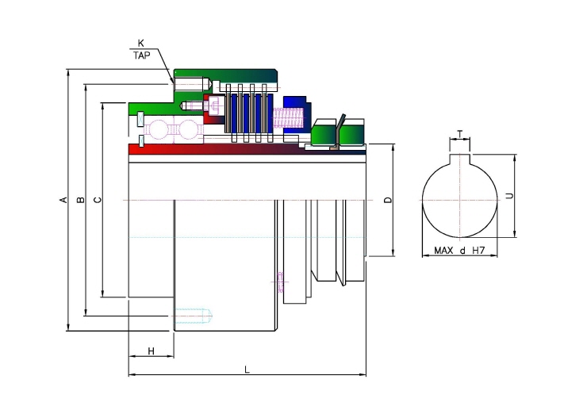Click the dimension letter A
(64, 200)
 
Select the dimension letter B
(80, 200)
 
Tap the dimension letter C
(98, 200)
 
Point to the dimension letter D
(388, 200)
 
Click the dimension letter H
(152, 351)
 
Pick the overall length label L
(247, 370)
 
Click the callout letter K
(140, 44)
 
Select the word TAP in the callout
(142, 56)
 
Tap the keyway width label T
(460, 133)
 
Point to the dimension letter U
(509, 196)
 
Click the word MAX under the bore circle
(443, 251)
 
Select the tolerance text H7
(478, 251)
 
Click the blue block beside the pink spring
(295, 112)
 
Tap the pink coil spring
(287, 117)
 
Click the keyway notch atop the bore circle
(460, 159)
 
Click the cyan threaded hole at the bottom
(194, 316)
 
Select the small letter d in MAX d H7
(462, 251)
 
